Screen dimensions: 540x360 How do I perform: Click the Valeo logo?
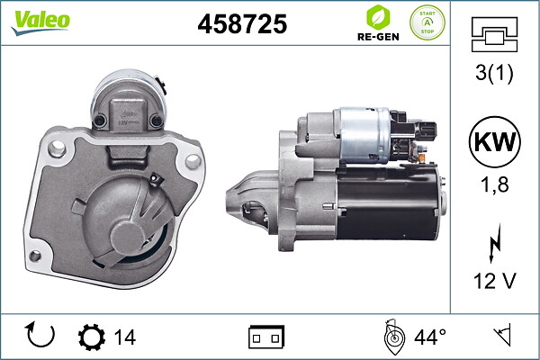coord(40,22)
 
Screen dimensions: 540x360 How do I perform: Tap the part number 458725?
coord(242,24)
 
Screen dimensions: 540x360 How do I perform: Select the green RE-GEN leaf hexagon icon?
coord(378,17)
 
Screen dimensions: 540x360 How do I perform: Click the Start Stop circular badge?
coord(427,22)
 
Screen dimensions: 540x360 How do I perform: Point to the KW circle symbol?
coord(494,142)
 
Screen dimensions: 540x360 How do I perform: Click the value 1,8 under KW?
coord(494,184)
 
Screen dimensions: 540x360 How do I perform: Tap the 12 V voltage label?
coord(494,281)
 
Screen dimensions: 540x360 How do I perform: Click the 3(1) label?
coord(494,73)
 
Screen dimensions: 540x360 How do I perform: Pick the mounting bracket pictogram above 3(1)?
coord(494,34)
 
